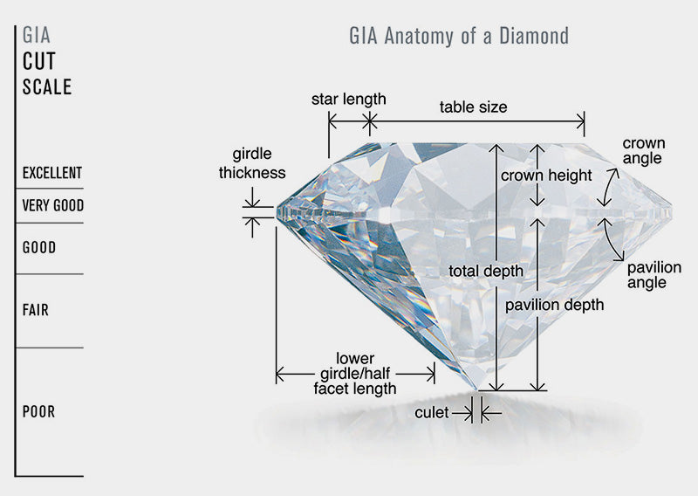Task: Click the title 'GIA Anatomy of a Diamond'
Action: click(x=458, y=36)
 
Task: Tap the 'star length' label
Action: click(x=348, y=100)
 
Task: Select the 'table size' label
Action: click(x=473, y=107)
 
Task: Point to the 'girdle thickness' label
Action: click(x=252, y=162)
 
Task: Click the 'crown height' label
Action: click(x=546, y=176)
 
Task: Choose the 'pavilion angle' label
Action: click(x=654, y=274)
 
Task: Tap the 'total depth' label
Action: click(x=486, y=271)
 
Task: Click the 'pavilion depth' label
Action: click(x=554, y=306)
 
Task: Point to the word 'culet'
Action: click(x=432, y=411)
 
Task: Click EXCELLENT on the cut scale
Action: click(x=52, y=173)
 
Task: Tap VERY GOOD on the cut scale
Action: click(x=52, y=206)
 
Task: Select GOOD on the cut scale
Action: click(x=39, y=248)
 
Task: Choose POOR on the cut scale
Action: click(x=39, y=411)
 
